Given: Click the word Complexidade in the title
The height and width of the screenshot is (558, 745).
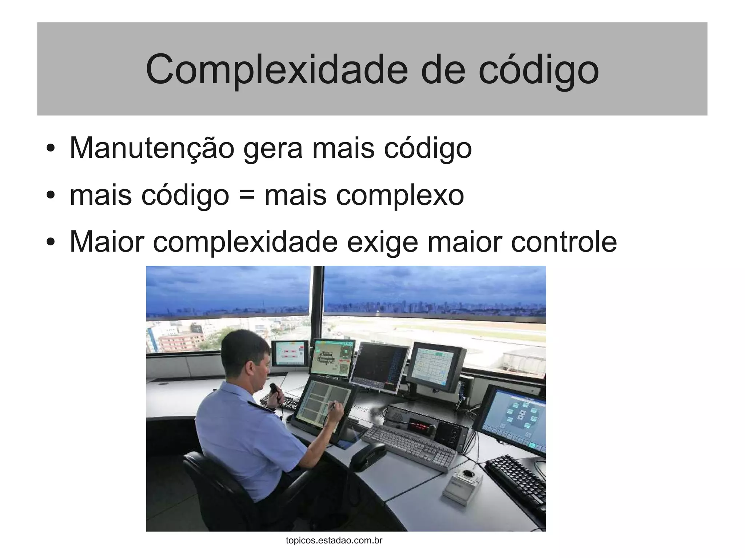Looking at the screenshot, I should pos(276,69).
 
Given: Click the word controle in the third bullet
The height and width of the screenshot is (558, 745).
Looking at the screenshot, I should pos(564,242).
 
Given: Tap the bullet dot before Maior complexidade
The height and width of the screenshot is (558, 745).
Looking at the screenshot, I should pos(51,242).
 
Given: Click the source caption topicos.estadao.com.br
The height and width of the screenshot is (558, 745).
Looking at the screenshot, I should pos(334,540).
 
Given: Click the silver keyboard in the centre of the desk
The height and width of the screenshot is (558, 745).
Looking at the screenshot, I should pos(409,447).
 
